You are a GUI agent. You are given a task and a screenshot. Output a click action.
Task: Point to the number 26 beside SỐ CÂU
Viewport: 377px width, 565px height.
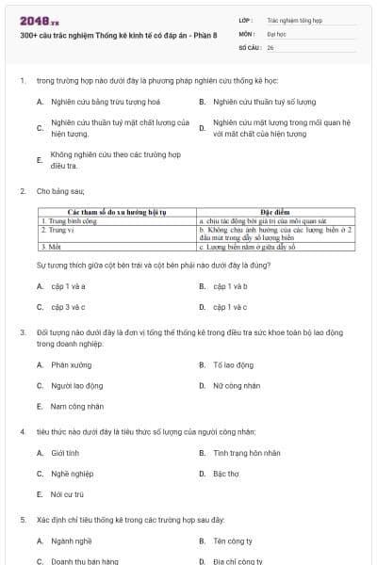270,46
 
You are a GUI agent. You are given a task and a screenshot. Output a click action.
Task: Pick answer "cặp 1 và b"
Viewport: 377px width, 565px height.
230,285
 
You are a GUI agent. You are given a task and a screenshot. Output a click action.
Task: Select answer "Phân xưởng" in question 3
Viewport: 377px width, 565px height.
72,364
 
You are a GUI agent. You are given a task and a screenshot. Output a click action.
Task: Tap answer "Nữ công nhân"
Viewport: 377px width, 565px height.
237,385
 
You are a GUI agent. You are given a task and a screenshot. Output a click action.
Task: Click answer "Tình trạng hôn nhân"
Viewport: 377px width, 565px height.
247,452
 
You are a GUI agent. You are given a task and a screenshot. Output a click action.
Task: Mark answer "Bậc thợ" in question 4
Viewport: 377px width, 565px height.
226,473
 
